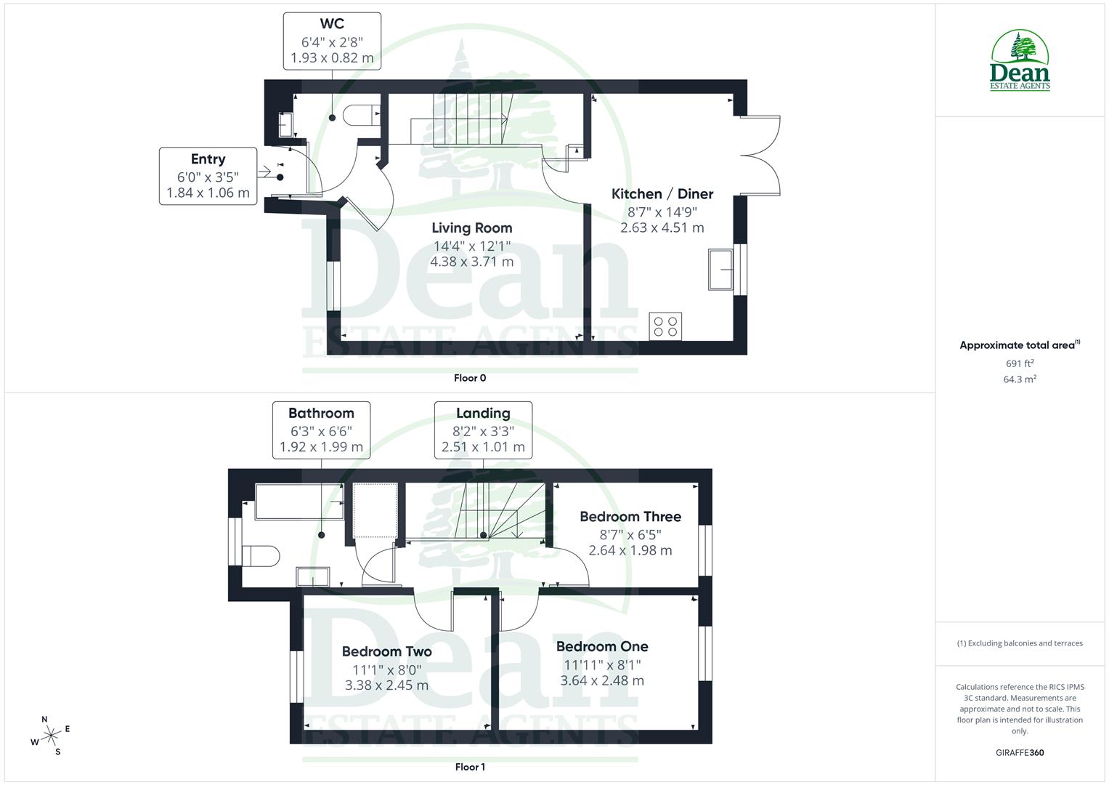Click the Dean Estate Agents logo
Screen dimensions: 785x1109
[1020, 61]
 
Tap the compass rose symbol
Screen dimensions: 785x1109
[50, 736]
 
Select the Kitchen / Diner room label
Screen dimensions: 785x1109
[662, 194]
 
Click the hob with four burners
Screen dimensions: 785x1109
[665, 326]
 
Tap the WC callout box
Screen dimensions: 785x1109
[332, 41]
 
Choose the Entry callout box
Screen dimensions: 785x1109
[208, 176]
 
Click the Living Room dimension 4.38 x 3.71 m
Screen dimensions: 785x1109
[471, 262]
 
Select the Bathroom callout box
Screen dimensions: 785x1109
[321, 430]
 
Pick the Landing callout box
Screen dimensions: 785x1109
[483, 430]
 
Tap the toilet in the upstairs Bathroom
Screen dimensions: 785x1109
[261, 556]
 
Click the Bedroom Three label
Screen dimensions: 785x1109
[630, 517]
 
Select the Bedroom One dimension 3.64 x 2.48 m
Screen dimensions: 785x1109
[602, 680]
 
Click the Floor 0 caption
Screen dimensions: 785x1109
[470, 378]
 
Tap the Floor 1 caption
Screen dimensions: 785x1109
[470, 767]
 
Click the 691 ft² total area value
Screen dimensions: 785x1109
[1020, 363]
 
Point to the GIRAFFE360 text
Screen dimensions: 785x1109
[1019, 752]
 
